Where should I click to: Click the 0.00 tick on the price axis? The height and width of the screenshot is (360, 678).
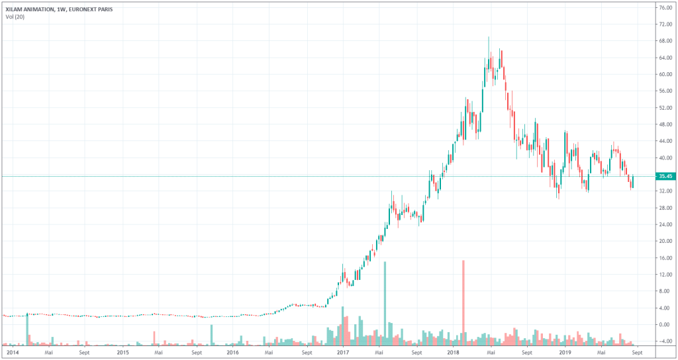(x=663, y=325)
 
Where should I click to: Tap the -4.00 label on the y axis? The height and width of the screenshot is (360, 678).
(x=663, y=341)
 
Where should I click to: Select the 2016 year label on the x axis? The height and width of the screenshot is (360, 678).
(x=232, y=353)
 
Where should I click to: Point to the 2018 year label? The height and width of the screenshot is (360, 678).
(x=454, y=353)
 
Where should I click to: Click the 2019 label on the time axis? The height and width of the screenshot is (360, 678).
(x=565, y=353)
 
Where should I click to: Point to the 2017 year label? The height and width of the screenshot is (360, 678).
(x=342, y=353)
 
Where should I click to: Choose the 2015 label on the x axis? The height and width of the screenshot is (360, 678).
(x=122, y=353)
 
